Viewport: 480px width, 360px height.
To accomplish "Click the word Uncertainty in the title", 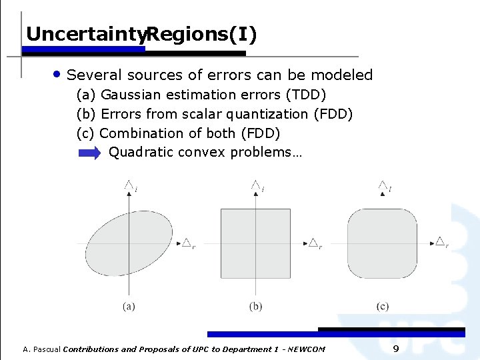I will pos(85,34).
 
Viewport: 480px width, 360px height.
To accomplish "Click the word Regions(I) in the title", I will pos(201,34).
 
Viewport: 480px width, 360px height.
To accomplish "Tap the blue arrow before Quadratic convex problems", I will pos(89,153).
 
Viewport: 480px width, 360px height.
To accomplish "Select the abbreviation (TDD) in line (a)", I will pos(305,95).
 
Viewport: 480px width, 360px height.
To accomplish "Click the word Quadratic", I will pos(137,153).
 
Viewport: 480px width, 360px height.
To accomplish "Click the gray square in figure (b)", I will pos(255,243).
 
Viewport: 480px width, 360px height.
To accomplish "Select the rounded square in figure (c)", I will pos(382,243).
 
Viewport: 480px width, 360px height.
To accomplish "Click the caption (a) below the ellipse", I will pos(129,307).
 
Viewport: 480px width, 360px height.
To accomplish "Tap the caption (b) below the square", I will pos(255,307).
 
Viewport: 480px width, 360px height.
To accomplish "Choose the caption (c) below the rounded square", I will pos(382,307).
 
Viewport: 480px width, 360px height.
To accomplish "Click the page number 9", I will pos(396,349).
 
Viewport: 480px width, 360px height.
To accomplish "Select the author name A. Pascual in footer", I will pos(41,349).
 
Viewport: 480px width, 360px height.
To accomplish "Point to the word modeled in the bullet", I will pos(344,75).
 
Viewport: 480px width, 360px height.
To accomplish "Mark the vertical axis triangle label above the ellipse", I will pos(129,185).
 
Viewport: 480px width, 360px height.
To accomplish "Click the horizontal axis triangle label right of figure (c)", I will pos(441,241).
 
